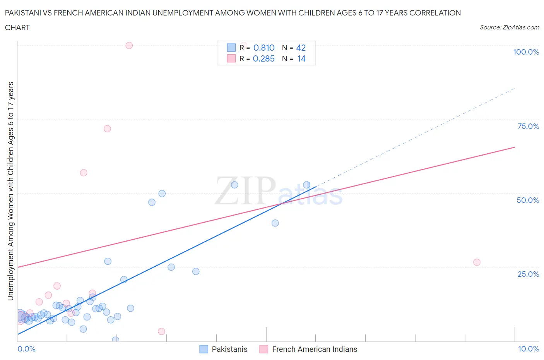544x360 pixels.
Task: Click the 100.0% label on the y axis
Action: tap(526, 52)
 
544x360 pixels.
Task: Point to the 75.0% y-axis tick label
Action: tap(528, 126)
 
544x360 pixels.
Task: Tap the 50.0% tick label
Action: tap(528, 200)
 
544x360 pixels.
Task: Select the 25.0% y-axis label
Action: tap(528, 274)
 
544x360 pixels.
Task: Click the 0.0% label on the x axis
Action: tap(26, 349)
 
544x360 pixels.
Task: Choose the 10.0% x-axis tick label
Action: tap(529, 349)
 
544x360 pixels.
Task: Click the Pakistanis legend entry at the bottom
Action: tap(229, 349)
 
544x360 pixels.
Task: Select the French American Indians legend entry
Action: tap(314, 349)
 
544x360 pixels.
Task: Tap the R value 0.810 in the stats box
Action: tap(264, 48)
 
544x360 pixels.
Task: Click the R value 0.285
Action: tap(263, 58)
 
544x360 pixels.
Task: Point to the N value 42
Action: tap(301, 48)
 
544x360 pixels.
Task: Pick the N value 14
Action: tap(301, 58)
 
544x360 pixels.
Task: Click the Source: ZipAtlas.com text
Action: tap(509, 27)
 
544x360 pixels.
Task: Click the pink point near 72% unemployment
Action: tap(107, 129)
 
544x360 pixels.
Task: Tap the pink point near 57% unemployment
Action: tap(84, 173)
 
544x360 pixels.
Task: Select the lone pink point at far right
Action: tap(477, 262)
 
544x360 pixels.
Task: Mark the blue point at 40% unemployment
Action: tap(275, 223)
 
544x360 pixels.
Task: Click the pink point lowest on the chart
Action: tap(162, 331)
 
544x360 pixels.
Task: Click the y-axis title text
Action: tap(10, 191)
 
